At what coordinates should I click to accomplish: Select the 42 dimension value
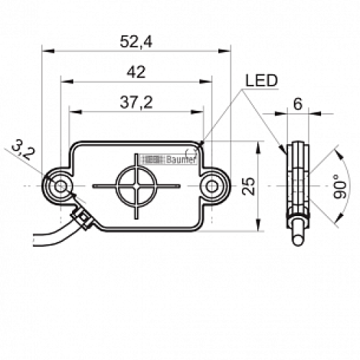click(x=135, y=71)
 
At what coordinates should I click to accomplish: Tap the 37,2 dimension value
click(x=135, y=103)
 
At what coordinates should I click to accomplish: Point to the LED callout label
click(x=261, y=81)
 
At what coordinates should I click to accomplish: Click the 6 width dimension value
click(x=297, y=103)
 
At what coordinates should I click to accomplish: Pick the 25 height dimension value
click(x=248, y=186)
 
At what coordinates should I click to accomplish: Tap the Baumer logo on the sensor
click(x=167, y=160)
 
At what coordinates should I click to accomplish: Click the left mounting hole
click(x=61, y=186)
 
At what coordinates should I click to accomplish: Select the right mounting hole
click(x=211, y=186)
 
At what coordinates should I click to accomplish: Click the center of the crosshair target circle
click(x=136, y=186)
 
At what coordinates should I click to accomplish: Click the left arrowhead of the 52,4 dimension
click(x=45, y=51)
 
